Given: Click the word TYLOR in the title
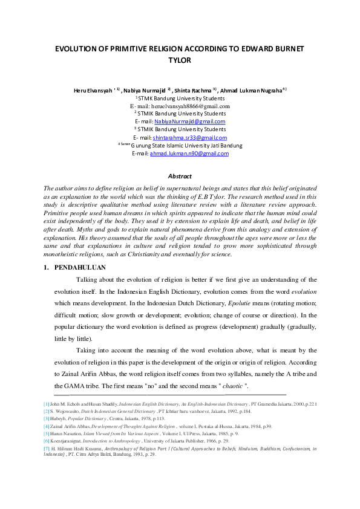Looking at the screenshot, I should click(x=179, y=60).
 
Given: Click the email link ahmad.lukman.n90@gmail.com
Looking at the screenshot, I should click(x=197, y=154).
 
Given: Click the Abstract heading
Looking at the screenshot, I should click(x=180, y=177).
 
